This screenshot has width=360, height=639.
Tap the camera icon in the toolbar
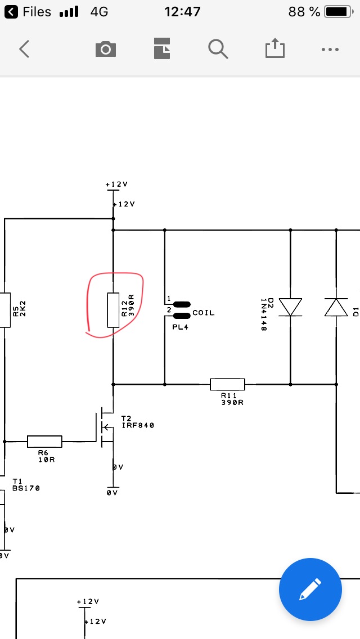pyautogui.click(x=106, y=49)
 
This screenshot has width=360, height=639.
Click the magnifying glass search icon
pyautogui.click(x=218, y=49)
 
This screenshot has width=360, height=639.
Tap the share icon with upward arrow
pyautogui.click(x=275, y=48)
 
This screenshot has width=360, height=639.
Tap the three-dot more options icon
pyautogui.click(x=330, y=49)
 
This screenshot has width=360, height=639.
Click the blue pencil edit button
pyautogui.click(x=310, y=589)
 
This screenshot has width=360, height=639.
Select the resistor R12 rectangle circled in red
pyautogui.click(x=113, y=310)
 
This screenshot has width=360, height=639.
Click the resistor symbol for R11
pyautogui.click(x=227, y=384)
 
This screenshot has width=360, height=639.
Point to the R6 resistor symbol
pyautogui.click(x=44, y=442)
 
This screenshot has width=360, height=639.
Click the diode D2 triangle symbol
pyautogui.click(x=290, y=307)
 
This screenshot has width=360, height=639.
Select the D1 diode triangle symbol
pyautogui.click(x=336, y=307)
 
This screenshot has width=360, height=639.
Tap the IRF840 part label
pyautogui.click(x=138, y=425)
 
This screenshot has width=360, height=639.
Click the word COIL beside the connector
pyautogui.click(x=204, y=313)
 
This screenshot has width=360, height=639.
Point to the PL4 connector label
pyautogui.click(x=180, y=327)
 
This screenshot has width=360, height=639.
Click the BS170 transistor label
pyautogui.click(x=26, y=488)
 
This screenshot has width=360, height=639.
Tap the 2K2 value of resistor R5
pyautogui.click(x=23, y=308)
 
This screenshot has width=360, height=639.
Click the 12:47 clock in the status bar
pyautogui.click(x=182, y=12)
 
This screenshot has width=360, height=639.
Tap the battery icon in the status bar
pyautogui.click(x=339, y=12)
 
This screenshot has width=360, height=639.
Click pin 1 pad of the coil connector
pyautogui.click(x=182, y=304)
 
